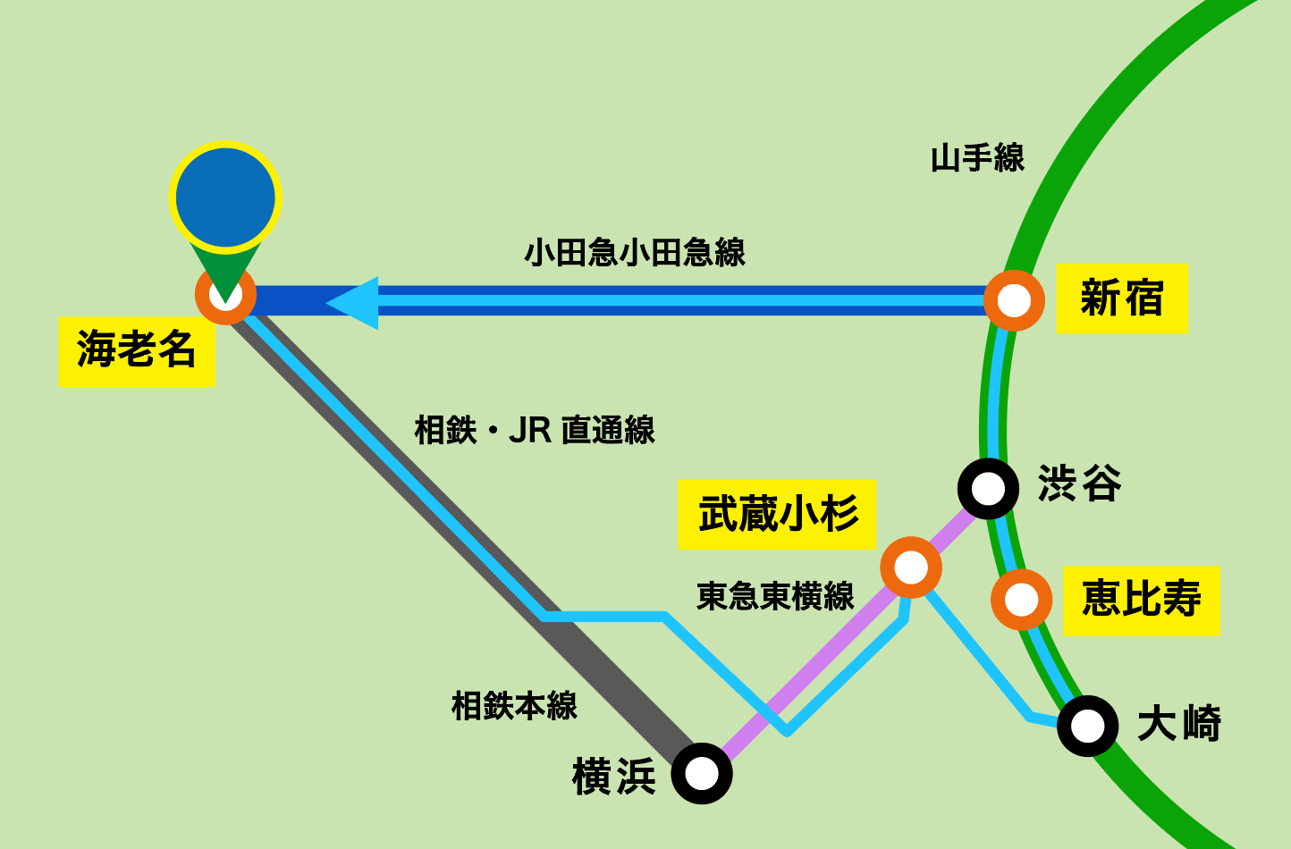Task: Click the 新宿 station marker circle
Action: pyautogui.click(x=1014, y=300)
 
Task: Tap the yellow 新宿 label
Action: pyautogui.click(x=1121, y=298)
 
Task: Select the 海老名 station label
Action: pyautogui.click(x=137, y=349)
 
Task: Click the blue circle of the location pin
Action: pyautogui.click(x=225, y=198)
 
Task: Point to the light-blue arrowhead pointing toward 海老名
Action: pyautogui.click(x=354, y=302)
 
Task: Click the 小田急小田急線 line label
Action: pyautogui.click(x=635, y=253)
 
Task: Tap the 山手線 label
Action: pyautogui.click(x=977, y=159)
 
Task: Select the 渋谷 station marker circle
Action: pyautogui.click(x=988, y=488)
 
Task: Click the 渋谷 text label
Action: pyautogui.click(x=1079, y=483)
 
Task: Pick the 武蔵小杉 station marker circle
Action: pyautogui.click(x=911, y=567)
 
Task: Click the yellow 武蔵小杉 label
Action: pyautogui.click(x=777, y=515)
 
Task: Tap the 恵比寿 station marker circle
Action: pyautogui.click(x=1021, y=600)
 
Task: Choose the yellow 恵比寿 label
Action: pyautogui.click(x=1142, y=600)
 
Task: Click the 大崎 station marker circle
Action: pyautogui.click(x=1087, y=726)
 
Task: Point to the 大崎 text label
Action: pyautogui.click(x=1179, y=724)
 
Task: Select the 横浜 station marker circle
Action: pyautogui.click(x=702, y=773)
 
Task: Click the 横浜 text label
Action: pyautogui.click(x=614, y=776)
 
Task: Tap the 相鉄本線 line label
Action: pyautogui.click(x=514, y=706)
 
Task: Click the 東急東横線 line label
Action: pyautogui.click(x=775, y=596)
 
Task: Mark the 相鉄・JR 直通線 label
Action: pyautogui.click(x=535, y=431)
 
